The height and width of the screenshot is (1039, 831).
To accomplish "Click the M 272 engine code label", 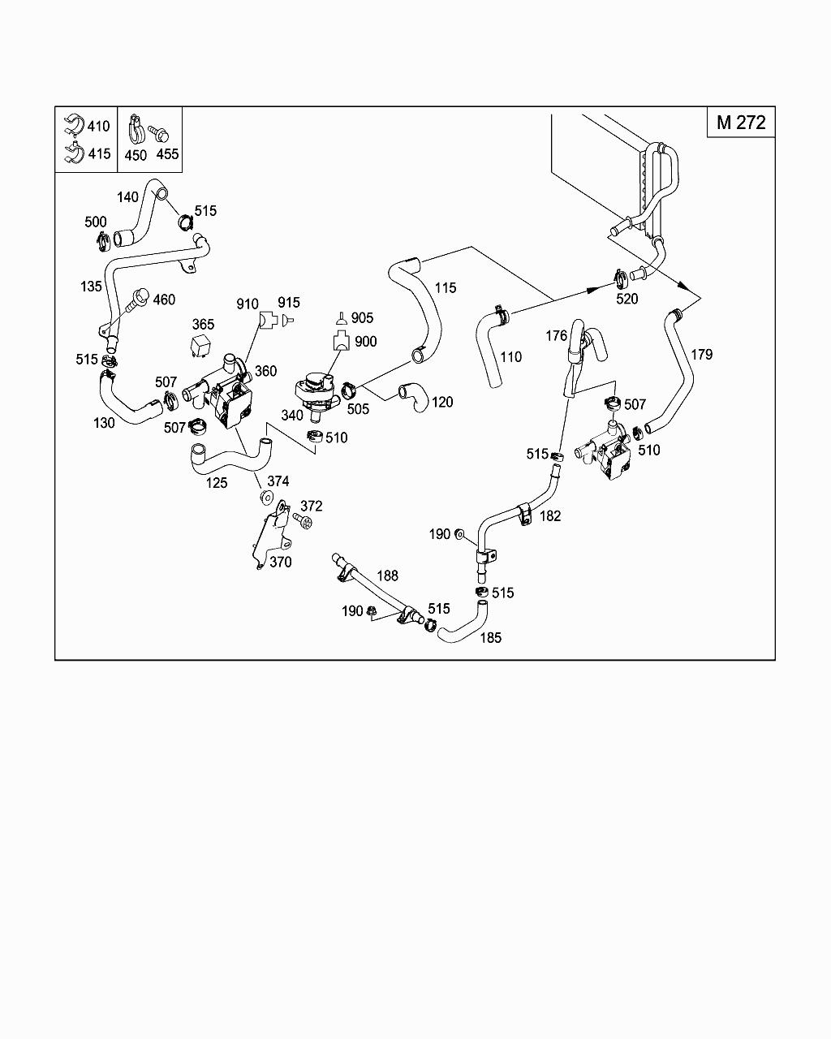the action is (741, 123).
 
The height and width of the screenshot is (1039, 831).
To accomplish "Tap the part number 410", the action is (98, 126).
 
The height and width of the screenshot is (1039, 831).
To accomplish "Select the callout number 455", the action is (167, 154).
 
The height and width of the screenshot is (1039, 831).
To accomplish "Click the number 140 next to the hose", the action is (127, 197).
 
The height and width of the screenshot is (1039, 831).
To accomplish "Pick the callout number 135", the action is (91, 287).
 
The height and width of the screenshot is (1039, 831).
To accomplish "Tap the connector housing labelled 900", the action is (342, 339).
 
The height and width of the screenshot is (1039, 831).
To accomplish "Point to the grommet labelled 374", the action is (266, 498).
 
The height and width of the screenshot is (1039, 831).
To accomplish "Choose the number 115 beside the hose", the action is (446, 287).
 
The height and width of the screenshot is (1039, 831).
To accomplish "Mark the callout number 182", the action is (550, 515).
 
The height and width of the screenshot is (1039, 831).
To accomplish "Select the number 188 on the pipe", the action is (387, 576).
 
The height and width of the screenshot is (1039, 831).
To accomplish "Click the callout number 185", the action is (491, 638).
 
